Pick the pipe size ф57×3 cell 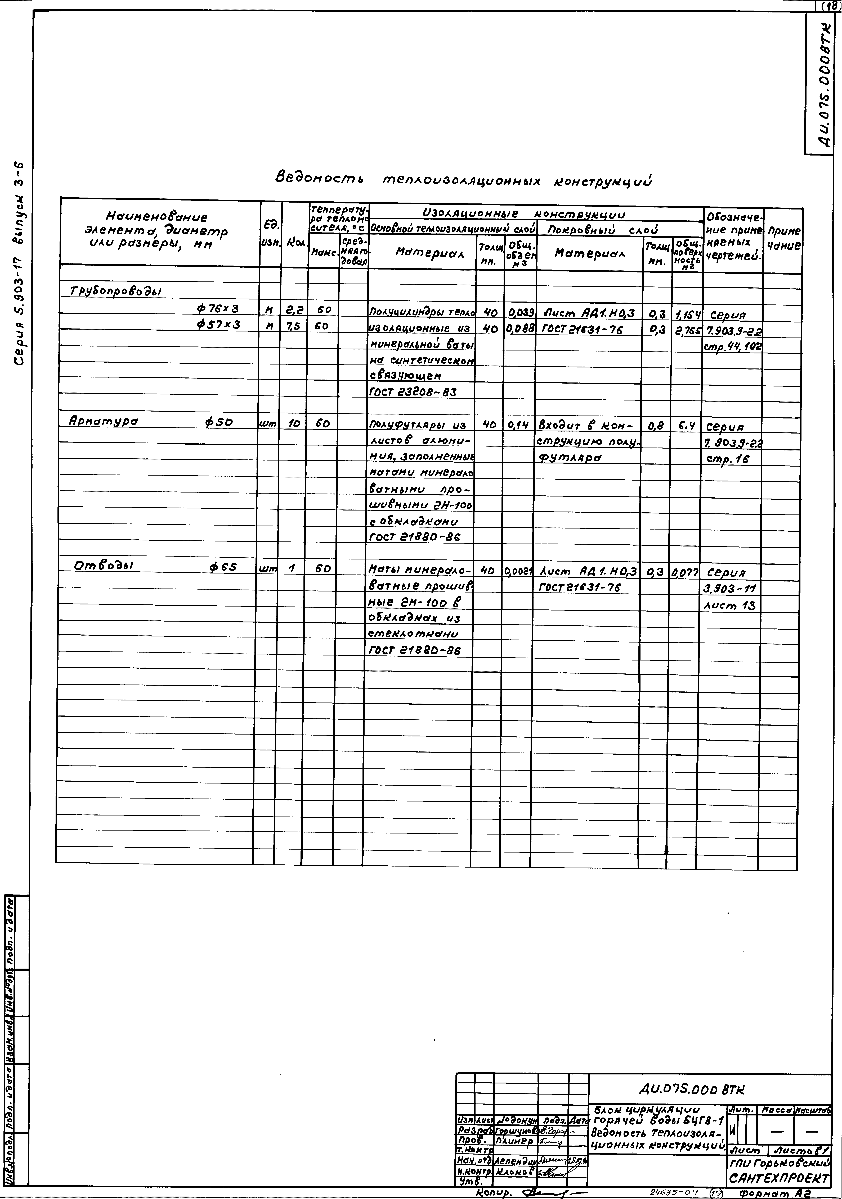pyautogui.click(x=218, y=325)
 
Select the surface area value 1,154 pyautogui.click(x=687, y=314)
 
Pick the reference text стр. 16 pyautogui.click(x=727, y=460)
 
